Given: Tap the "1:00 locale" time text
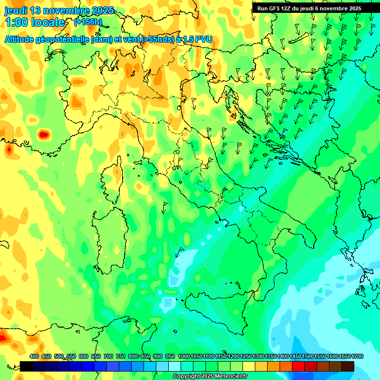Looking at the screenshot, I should coord(35,22).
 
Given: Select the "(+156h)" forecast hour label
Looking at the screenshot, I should coord(88,22).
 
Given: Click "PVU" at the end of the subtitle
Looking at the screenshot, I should coord(204,39).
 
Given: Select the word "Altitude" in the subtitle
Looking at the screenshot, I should coord(22,39).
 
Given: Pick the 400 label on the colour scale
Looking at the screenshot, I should coord(34,356).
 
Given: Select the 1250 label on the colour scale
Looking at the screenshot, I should coord(246,356).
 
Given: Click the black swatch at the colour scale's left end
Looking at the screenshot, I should coord(26,366).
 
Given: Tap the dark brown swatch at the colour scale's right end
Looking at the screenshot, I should coord(348,366).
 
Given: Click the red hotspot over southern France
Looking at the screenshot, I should coord(44,134).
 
